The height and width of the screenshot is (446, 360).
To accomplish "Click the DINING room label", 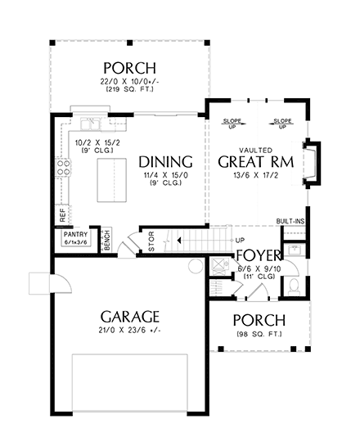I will coord(165,161).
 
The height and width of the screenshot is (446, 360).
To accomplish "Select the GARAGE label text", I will coord(130,316).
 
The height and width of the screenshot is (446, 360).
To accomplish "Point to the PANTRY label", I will coord(74,233).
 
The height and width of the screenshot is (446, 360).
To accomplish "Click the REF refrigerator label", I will coord(62,214).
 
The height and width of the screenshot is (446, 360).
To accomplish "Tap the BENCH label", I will coord(106,241).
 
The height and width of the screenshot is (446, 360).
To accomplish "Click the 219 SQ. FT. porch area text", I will coord(130,88).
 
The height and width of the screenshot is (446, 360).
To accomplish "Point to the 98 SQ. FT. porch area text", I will coord(259,333).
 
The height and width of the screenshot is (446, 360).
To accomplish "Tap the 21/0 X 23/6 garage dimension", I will coord(130,331).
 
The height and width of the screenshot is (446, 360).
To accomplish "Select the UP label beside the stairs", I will coord(240,241).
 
